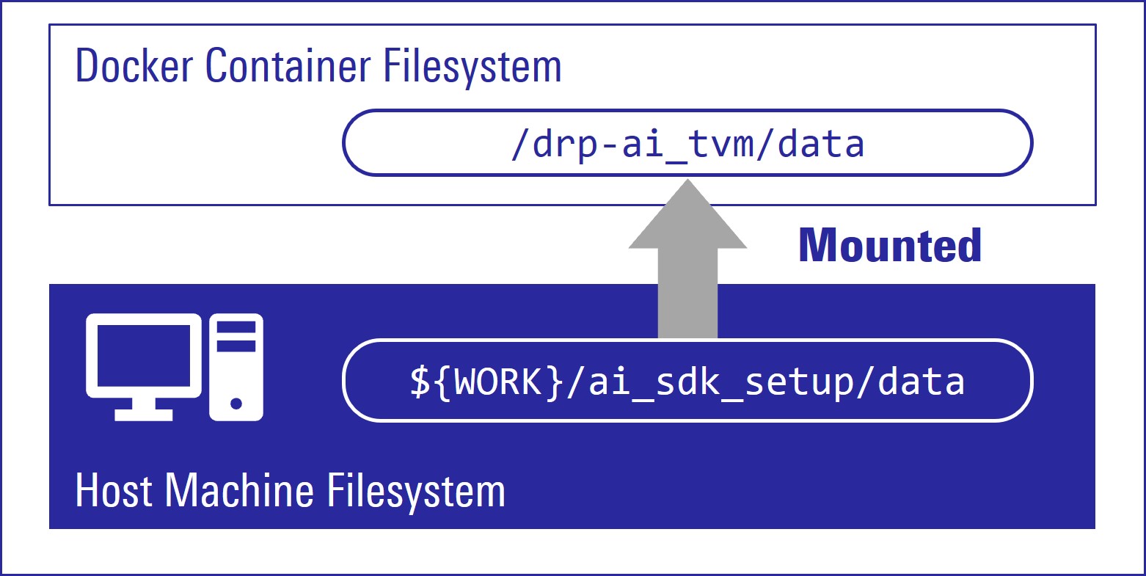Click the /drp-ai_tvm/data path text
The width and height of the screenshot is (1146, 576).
pyautogui.click(x=687, y=144)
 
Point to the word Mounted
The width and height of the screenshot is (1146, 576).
pyautogui.click(x=890, y=245)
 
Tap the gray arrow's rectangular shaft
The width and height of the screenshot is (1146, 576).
pyautogui.click(x=687, y=294)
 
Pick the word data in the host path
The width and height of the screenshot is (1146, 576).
pyautogui.click(x=922, y=382)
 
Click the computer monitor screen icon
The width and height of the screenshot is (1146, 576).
pyautogui.click(x=144, y=356)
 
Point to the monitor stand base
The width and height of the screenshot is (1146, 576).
pyautogui.click(x=144, y=415)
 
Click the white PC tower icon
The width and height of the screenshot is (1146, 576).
pyautogui.click(x=236, y=367)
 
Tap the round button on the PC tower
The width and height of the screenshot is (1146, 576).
pyautogui.click(x=236, y=403)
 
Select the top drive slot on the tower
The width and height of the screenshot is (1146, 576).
pyautogui.click(x=236, y=325)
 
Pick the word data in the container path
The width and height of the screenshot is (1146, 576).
pyautogui.click(x=821, y=144)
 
